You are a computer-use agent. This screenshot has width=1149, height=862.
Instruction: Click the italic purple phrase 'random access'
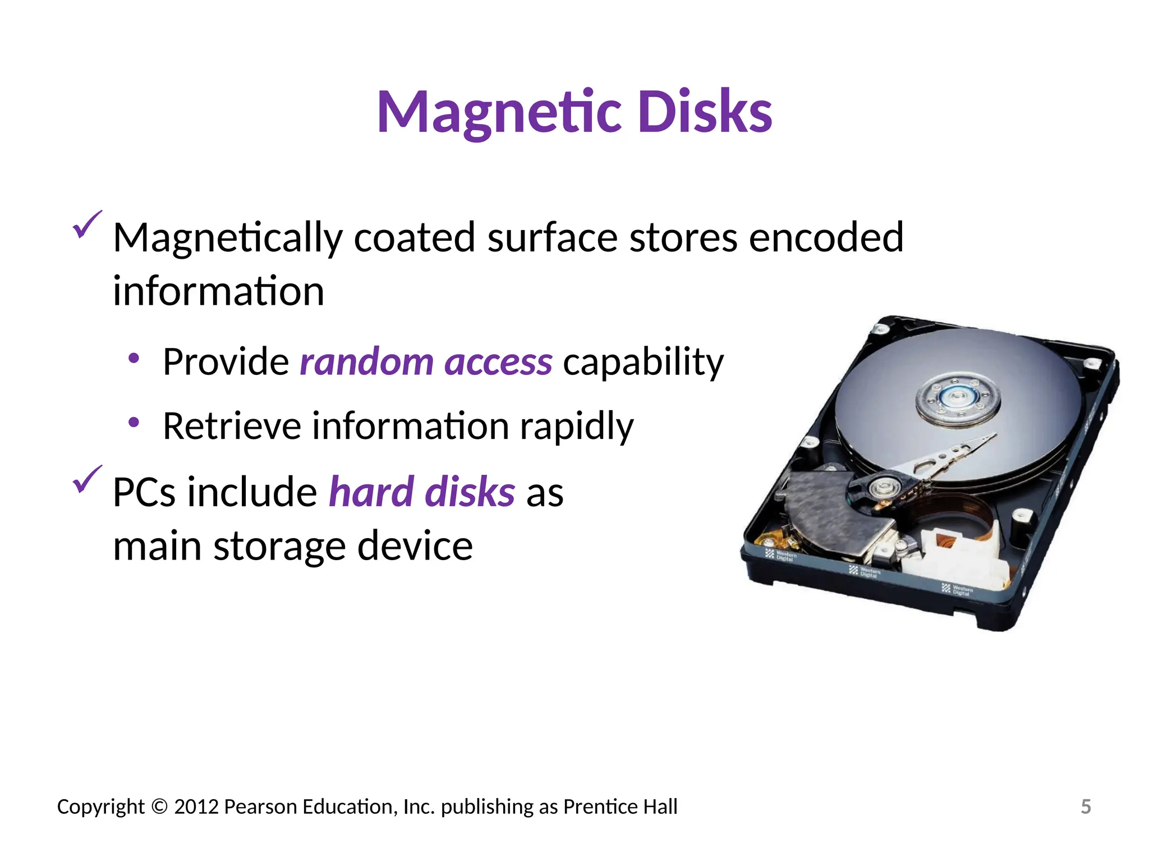(x=426, y=362)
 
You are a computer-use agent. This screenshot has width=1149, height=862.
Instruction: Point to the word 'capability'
(x=643, y=362)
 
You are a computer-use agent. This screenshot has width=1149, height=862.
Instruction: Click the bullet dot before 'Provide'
(x=134, y=358)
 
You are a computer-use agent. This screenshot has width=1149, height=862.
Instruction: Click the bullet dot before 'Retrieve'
(x=134, y=422)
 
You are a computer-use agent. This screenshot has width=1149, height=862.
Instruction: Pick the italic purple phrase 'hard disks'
(x=421, y=492)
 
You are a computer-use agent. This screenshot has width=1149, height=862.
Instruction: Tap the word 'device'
(x=415, y=546)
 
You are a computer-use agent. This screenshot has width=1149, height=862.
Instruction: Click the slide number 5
(x=1086, y=806)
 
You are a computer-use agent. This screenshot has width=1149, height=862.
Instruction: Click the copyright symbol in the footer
(x=159, y=806)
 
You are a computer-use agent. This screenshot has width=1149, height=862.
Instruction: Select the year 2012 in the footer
(x=196, y=806)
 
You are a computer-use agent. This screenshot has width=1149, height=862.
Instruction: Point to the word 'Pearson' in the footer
(x=260, y=806)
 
